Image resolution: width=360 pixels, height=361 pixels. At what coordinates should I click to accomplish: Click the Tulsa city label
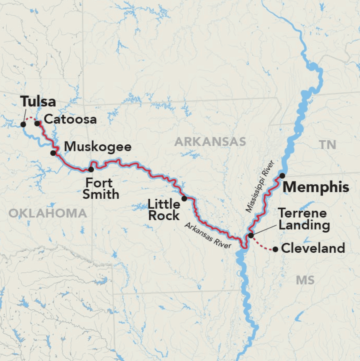click(38, 102)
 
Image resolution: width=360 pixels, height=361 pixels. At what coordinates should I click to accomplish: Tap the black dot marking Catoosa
click(37, 123)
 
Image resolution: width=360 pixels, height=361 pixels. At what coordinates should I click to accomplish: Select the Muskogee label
click(98, 147)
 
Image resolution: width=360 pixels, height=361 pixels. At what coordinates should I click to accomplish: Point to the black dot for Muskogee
click(53, 153)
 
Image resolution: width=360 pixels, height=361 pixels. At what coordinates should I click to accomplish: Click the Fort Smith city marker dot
click(91, 169)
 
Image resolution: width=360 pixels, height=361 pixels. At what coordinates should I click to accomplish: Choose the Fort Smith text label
click(103, 189)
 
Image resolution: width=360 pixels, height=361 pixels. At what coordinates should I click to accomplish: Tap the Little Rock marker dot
click(184, 198)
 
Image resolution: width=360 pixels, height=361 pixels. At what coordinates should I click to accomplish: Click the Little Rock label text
click(164, 210)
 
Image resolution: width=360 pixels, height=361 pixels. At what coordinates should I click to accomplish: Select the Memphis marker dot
click(282, 176)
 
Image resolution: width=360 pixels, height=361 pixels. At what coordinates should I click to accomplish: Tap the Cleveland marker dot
click(275, 249)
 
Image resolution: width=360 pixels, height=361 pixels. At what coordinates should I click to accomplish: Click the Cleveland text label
click(313, 248)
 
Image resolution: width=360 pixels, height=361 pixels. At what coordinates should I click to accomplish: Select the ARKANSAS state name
click(210, 141)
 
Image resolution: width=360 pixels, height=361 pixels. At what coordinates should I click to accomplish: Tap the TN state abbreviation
click(328, 145)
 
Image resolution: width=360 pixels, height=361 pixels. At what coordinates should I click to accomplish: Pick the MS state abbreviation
click(305, 280)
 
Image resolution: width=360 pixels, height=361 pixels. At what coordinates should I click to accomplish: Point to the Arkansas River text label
click(208, 235)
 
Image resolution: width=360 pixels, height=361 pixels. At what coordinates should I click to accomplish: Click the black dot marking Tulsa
click(23, 124)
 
